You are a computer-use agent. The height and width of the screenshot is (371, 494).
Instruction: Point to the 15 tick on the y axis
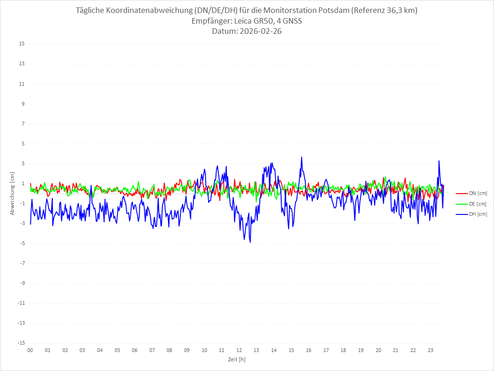point(22,44)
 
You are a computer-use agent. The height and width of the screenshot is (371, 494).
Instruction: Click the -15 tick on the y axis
point(21,343)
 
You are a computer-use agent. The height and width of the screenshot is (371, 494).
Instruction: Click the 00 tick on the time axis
point(30,350)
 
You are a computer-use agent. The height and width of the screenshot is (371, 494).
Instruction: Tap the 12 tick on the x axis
point(239,350)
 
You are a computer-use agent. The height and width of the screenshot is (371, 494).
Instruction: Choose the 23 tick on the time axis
point(431,350)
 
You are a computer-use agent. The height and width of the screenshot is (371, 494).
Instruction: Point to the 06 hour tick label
point(135,350)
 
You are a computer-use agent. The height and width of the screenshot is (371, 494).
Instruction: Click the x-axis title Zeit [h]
point(236,359)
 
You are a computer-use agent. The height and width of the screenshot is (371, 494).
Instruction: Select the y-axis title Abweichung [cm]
point(12,193)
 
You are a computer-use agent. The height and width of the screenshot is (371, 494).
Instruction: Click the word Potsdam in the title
point(332,11)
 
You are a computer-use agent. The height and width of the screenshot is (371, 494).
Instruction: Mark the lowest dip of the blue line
point(250,242)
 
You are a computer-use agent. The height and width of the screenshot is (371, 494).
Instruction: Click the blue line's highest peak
point(302,157)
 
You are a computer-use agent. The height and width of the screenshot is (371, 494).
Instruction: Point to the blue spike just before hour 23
point(438,161)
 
